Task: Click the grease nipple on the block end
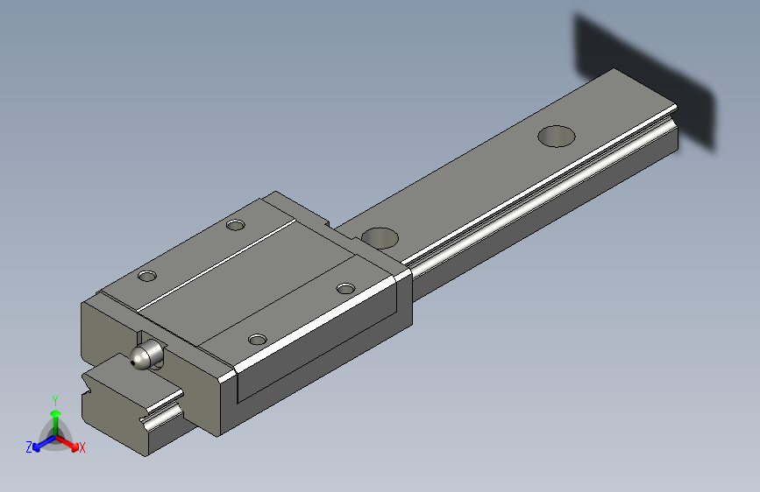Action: tap(146, 355)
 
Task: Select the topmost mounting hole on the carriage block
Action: tap(235, 225)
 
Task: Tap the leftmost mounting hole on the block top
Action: tap(147, 277)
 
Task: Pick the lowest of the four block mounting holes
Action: tap(257, 339)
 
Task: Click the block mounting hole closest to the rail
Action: tap(346, 288)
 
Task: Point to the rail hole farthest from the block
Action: tap(557, 136)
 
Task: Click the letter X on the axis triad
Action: tap(82, 447)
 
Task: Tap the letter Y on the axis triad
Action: tap(55, 399)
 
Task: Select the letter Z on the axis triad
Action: tap(29, 447)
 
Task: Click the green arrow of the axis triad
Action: tap(55, 416)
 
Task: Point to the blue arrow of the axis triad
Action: tap(40, 444)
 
